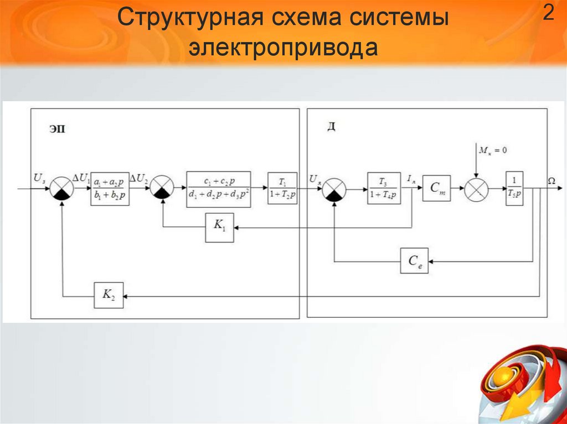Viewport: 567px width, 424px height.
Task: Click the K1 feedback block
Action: [219, 227]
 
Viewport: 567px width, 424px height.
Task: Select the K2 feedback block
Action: [108, 296]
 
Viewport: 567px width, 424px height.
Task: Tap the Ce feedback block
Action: [414, 260]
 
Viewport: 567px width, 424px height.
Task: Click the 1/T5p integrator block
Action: [514, 189]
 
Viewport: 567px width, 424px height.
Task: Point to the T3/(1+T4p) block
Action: [384, 189]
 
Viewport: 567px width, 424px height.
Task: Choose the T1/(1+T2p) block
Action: [282, 189]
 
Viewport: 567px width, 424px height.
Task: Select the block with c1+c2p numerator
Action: [219, 189]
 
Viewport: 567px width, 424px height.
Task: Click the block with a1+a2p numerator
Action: [110, 189]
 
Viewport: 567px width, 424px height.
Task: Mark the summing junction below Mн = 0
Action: [476, 190]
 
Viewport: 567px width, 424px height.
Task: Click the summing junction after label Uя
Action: [334, 190]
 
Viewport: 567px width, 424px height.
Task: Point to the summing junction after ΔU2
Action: [162, 190]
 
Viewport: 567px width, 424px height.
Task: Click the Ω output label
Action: [551, 180]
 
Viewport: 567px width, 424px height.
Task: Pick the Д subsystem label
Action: [331, 127]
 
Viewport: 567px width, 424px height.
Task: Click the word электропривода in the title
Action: [283, 48]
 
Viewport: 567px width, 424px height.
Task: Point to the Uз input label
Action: [39, 178]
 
